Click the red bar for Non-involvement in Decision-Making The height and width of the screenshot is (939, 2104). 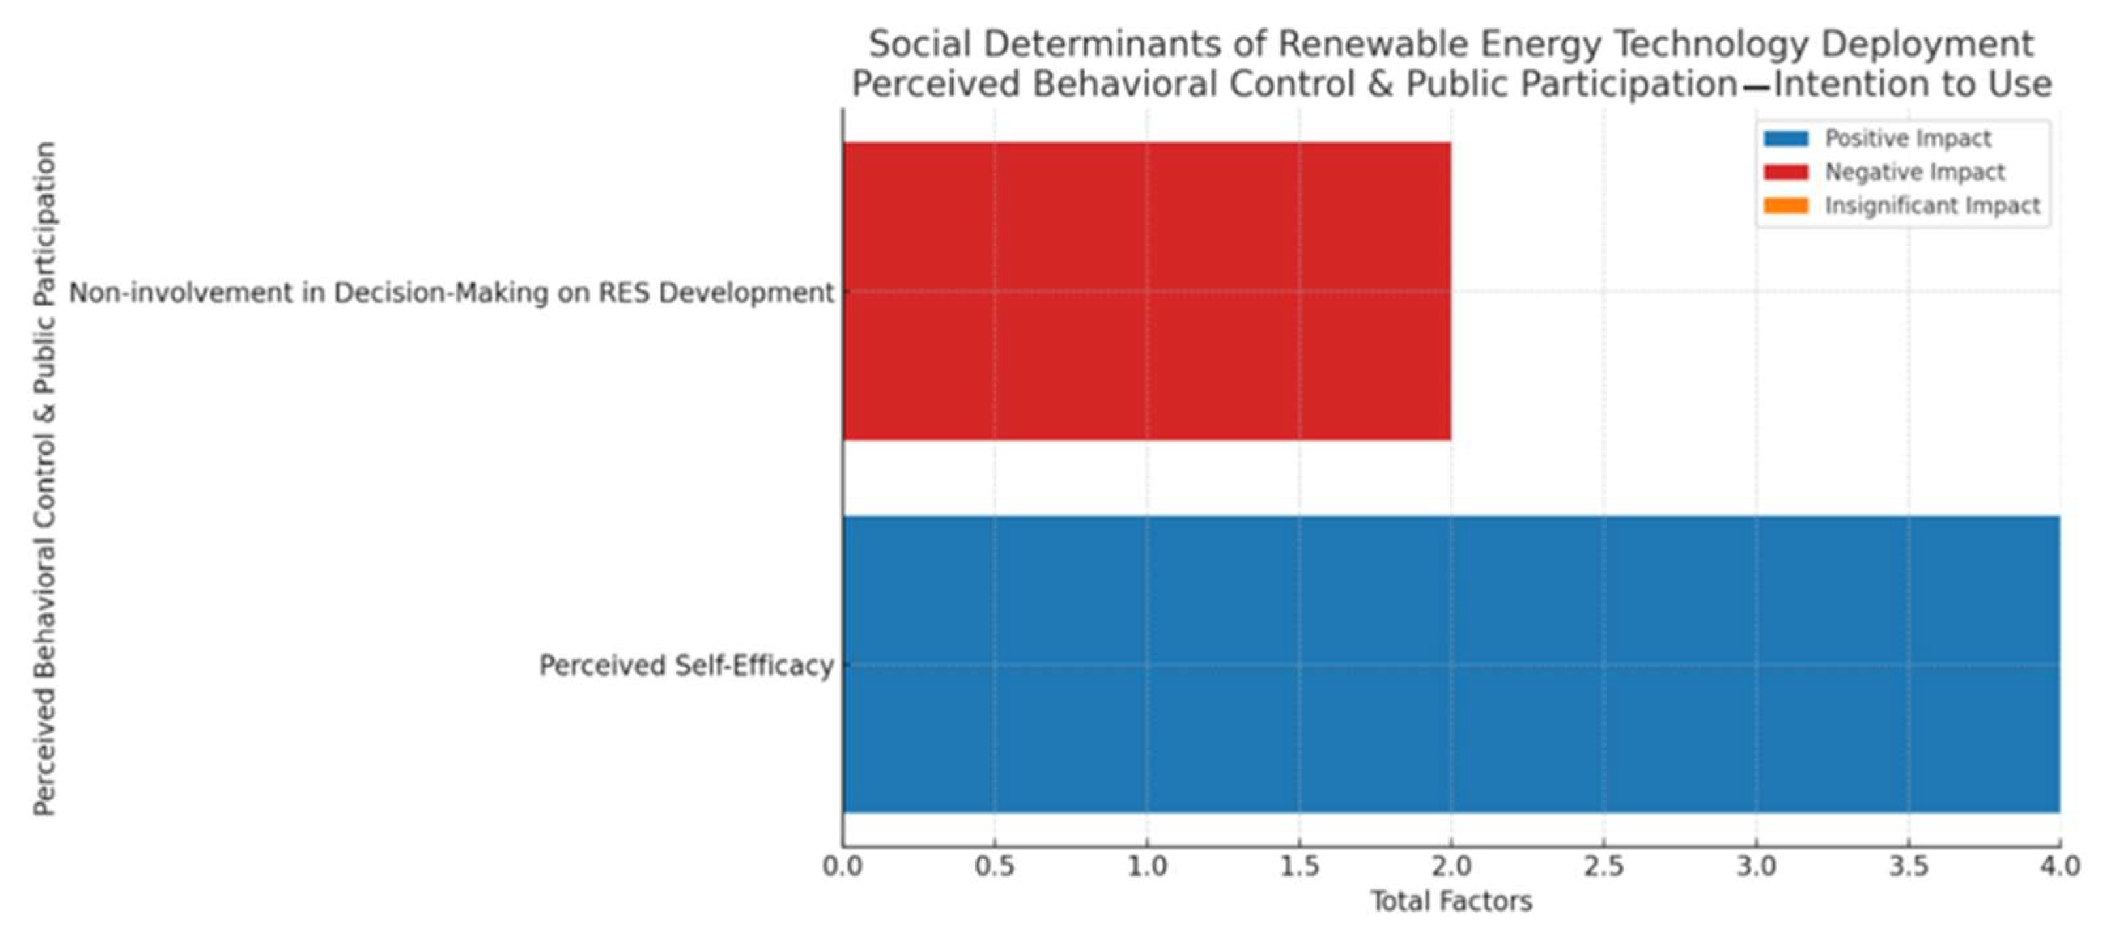point(1146,291)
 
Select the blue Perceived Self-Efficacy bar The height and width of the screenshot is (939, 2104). point(1450,664)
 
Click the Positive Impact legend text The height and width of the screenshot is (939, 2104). point(1908,139)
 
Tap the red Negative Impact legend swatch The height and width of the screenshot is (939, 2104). point(1786,173)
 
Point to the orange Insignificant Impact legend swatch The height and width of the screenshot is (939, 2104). point(1786,206)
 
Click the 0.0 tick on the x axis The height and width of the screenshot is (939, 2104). point(842,866)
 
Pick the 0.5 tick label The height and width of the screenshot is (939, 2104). point(994,866)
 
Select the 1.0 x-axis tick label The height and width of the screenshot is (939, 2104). point(1146,866)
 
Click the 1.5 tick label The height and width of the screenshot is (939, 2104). point(1299,866)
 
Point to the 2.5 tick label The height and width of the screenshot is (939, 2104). point(1603,866)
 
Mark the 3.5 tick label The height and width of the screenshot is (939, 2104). point(1908,866)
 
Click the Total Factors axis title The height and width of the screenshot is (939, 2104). point(1450,902)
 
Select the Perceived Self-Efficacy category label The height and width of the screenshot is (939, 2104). point(686,665)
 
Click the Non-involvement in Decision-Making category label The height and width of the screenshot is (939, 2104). point(451,292)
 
